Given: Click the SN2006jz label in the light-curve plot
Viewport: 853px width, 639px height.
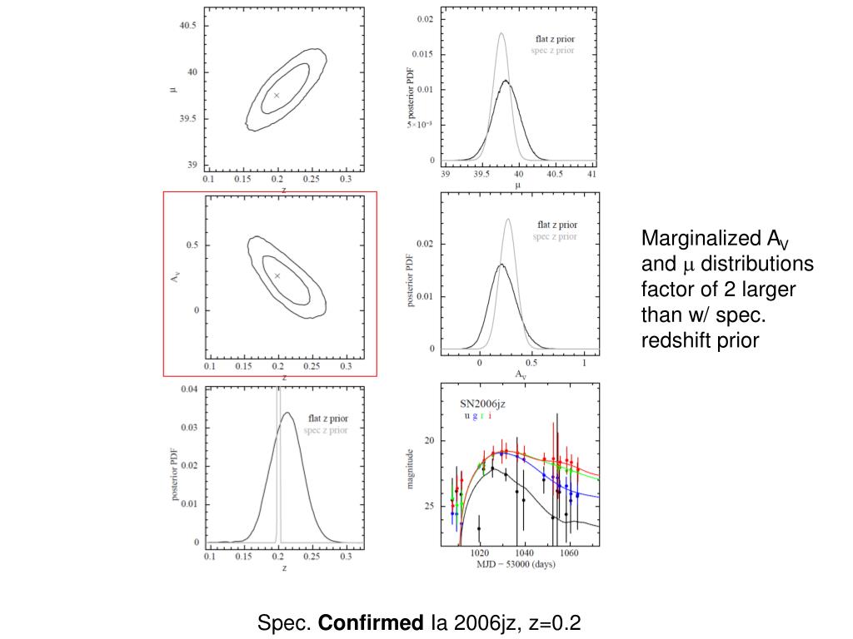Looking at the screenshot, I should click(x=483, y=404).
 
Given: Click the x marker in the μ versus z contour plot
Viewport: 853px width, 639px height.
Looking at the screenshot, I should click(x=277, y=96).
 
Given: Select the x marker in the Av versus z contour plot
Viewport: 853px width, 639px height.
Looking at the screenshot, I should click(x=277, y=275).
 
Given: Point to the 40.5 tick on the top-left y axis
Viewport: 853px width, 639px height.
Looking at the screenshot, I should click(x=188, y=26).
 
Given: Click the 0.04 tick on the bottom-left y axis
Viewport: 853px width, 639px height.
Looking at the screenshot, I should click(x=188, y=389).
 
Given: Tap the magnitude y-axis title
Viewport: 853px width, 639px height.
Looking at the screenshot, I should click(x=410, y=468).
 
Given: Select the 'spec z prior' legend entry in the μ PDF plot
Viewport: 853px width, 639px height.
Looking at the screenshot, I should click(x=552, y=51).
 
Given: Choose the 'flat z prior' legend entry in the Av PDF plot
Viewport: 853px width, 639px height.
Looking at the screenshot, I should click(x=556, y=225).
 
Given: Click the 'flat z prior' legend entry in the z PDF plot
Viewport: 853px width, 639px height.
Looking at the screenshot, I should click(x=328, y=419).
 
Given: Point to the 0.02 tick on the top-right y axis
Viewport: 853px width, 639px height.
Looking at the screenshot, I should click(x=425, y=19).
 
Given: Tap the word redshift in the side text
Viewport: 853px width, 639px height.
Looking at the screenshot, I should click(x=676, y=340).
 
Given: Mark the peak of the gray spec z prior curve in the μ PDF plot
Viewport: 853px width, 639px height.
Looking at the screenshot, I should click(x=501, y=33).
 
